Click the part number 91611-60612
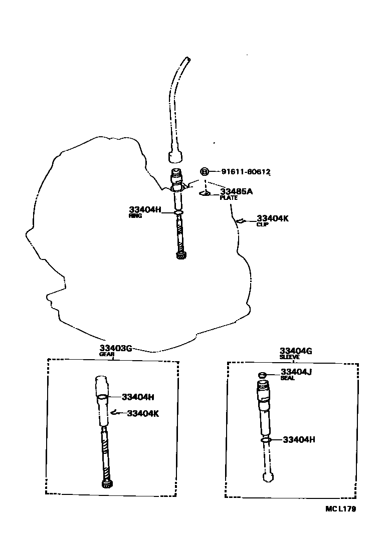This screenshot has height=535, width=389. [x=246, y=172]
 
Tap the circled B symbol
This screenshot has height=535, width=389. [x=205, y=172]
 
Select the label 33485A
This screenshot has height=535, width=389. [x=236, y=191]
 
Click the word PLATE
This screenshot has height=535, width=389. [x=228, y=198]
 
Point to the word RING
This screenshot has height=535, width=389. [x=135, y=216]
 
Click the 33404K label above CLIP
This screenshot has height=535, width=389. [x=273, y=218]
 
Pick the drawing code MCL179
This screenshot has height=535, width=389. [x=340, y=509]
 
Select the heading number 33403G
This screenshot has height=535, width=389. [x=115, y=349]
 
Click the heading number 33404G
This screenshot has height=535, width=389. [x=296, y=351]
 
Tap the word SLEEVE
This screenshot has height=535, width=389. [x=290, y=357]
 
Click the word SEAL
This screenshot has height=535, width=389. [x=288, y=378]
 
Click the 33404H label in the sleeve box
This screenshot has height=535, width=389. [x=299, y=440]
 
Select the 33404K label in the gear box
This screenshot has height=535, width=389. [x=143, y=413]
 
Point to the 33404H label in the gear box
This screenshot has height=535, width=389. [x=138, y=397]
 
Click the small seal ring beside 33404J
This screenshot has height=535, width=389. [x=261, y=375]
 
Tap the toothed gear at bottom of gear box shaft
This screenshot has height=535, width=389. [x=107, y=484]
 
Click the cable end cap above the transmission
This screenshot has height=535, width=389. [x=175, y=157]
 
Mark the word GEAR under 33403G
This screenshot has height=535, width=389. [x=107, y=354]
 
